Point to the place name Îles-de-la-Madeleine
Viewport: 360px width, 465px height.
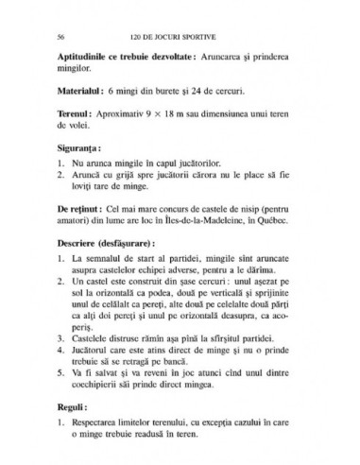pyautogui.click(x=206, y=219)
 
